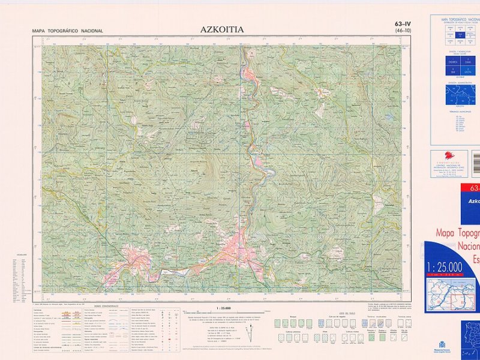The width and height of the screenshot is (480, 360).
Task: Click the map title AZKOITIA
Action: (x=222, y=28)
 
